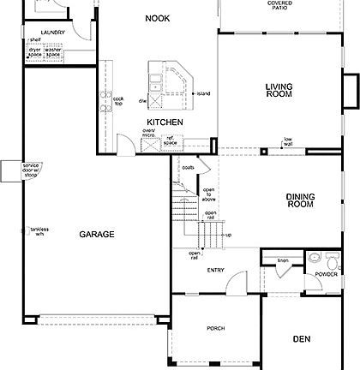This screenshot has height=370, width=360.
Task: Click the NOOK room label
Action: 156,18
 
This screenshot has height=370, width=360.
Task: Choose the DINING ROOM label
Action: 300,200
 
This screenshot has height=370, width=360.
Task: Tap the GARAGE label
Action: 97,234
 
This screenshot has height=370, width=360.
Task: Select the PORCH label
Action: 215,328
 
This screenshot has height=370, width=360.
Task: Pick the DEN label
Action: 300,338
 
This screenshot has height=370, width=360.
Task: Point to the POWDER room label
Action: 326,274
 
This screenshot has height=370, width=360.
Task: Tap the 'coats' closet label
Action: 188,169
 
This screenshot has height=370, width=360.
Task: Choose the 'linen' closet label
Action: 283,260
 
